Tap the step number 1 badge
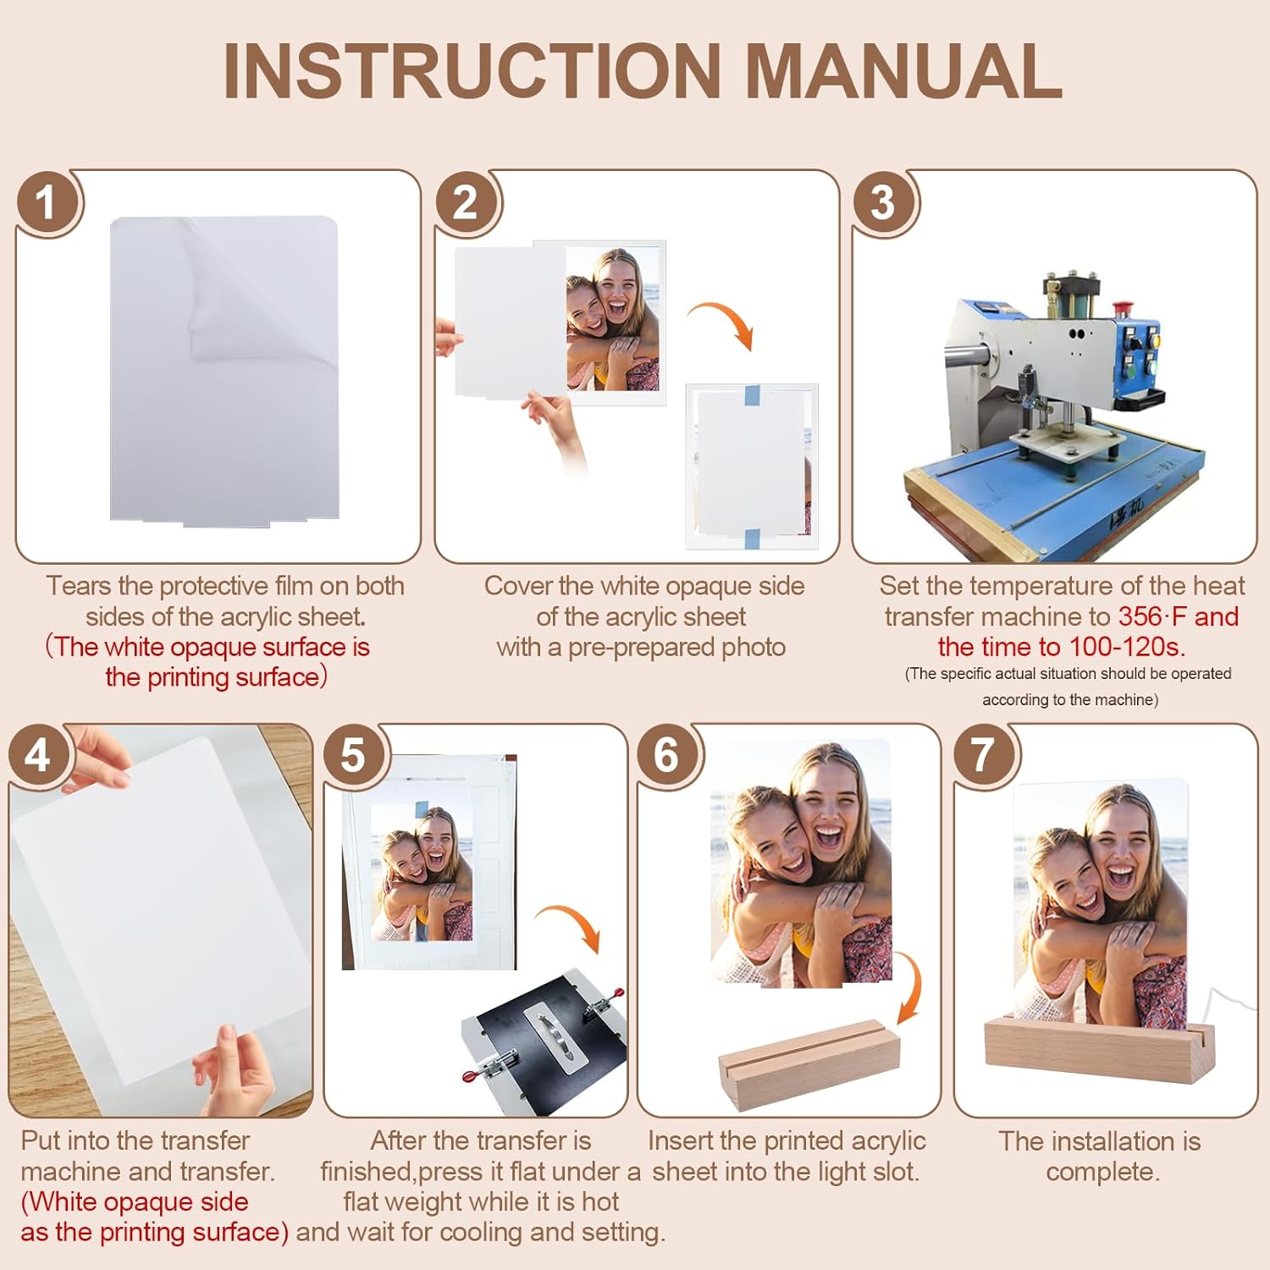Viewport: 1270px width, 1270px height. pyautogui.click(x=47, y=203)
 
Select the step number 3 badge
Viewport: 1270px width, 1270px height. pyautogui.click(x=883, y=203)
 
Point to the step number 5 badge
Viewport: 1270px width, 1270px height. pyautogui.click(x=354, y=755)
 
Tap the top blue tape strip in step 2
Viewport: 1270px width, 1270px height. pyautogui.click(x=751, y=395)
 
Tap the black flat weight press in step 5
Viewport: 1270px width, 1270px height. pyautogui.click(x=542, y=1041)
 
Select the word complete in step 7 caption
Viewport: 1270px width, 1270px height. pyautogui.click(x=1102, y=1172)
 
